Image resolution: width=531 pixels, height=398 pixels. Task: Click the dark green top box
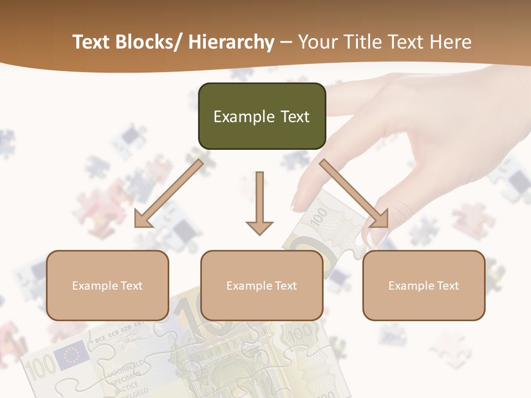262,116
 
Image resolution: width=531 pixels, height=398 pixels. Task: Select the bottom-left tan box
107,285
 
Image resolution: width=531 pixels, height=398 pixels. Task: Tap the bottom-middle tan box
262,285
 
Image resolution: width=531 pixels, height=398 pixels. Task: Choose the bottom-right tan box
424,285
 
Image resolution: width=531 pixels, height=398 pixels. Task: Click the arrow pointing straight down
259,205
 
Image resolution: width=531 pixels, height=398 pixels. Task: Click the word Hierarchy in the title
231,42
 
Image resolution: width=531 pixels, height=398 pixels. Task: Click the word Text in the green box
294,117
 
